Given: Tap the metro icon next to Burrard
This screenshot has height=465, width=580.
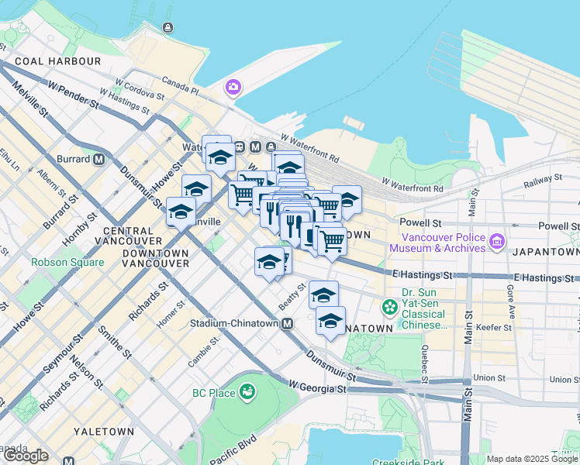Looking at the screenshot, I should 98,160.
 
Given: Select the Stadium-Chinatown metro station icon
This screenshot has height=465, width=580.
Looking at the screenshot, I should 288,323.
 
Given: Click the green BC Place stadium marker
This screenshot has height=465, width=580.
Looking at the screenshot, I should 247,392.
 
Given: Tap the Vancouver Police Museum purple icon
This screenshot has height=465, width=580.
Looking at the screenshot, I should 497,243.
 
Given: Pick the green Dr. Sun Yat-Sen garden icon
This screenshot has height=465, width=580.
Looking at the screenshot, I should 389,308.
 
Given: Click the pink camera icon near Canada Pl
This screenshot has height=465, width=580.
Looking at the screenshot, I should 233,88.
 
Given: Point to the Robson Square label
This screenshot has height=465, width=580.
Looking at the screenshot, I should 67,262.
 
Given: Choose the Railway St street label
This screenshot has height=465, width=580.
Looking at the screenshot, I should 542,180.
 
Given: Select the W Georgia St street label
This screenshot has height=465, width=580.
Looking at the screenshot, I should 316,385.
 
